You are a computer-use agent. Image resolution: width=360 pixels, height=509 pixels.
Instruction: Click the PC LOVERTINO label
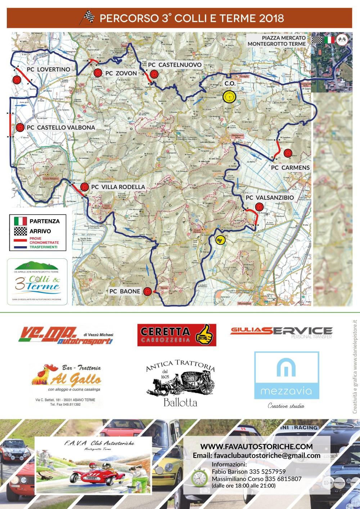click(x=49, y=69)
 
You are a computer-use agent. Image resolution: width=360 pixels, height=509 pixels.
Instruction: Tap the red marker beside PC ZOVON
click(x=97, y=73)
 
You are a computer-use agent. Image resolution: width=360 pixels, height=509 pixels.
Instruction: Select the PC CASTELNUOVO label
click(x=175, y=65)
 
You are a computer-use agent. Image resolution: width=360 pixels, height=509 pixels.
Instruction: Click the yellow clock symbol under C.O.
click(x=229, y=96)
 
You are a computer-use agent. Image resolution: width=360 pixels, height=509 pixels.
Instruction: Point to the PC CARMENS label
click(x=290, y=168)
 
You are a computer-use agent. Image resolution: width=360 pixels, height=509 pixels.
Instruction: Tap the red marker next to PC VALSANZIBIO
click(x=259, y=207)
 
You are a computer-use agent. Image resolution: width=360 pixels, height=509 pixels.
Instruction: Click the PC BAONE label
click(x=125, y=291)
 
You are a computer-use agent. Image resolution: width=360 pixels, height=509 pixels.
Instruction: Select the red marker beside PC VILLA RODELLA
click(x=84, y=187)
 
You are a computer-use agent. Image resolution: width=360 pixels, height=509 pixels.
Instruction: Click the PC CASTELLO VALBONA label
click(x=61, y=127)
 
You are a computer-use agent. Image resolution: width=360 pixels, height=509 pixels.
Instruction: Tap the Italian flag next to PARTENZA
click(x=21, y=221)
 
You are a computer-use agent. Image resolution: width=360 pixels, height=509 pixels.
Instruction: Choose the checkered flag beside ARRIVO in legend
click(x=21, y=231)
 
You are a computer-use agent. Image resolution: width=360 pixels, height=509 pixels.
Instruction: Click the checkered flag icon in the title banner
click(x=87, y=17)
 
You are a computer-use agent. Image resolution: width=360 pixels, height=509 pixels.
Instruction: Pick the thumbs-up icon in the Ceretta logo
click(x=204, y=335)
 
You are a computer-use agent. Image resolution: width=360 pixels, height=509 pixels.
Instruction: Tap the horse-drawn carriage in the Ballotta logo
click(x=180, y=384)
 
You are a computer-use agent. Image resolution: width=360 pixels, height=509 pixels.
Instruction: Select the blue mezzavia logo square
click(x=287, y=375)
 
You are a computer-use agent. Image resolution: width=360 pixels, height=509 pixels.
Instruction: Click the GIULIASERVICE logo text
click(x=281, y=331)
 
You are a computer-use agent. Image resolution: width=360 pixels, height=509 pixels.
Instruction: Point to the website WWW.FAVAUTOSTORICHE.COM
click(x=256, y=447)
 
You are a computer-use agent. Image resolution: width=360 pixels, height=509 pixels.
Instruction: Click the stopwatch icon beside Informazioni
click(x=199, y=477)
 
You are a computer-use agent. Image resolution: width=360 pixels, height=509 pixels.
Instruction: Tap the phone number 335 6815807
click(x=283, y=479)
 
